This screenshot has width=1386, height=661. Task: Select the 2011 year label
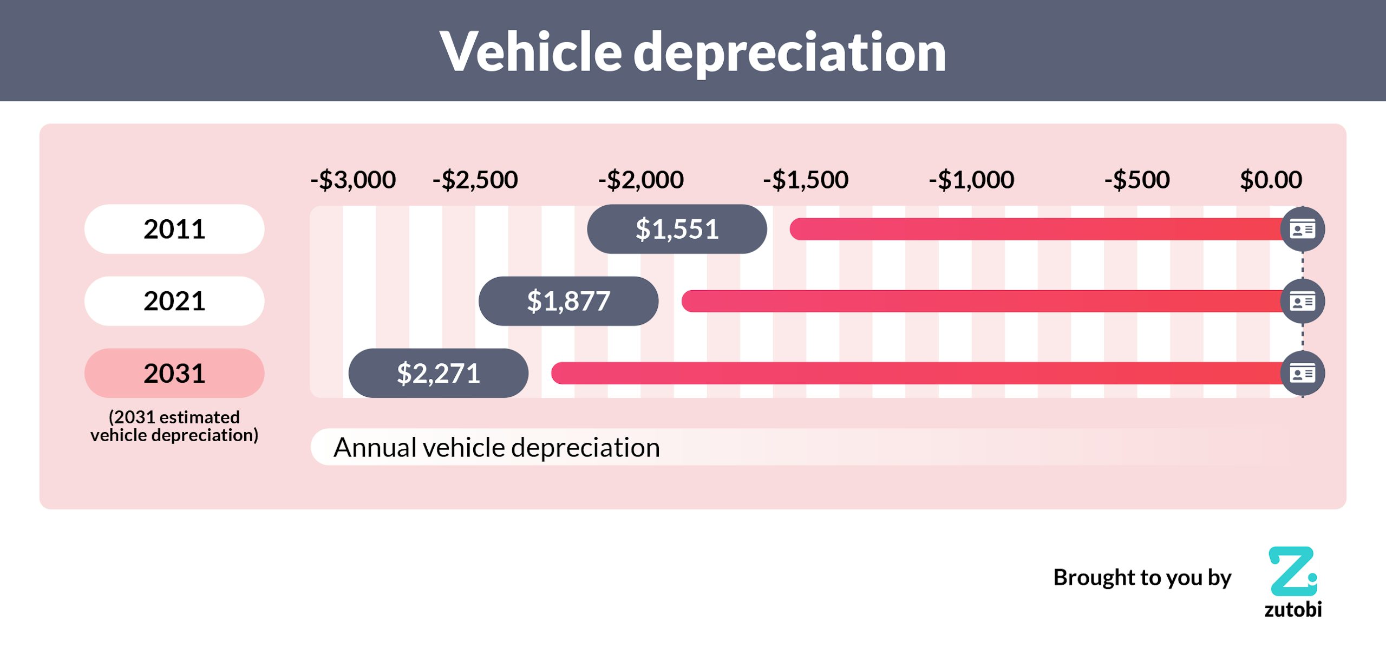pyautogui.click(x=174, y=229)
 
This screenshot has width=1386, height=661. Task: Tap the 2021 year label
pyautogui.click(x=174, y=301)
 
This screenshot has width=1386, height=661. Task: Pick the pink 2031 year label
pyautogui.click(x=174, y=373)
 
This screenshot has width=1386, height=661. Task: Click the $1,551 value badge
pyautogui.click(x=677, y=229)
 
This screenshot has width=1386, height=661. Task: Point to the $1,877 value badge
pyautogui.click(x=568, y=301)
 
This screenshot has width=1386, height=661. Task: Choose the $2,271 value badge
pyautogui.click(x=438, y=373)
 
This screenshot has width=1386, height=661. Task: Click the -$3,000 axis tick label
pyautogui.click(x=353, y=180)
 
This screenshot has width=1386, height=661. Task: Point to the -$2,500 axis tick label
pyautogui.click(x=475, y=180)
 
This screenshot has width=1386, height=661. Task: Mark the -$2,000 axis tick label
pyautogui.click(x=641, y=180)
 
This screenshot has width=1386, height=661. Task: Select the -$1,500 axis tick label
pyautogui.click(x=806, y=180)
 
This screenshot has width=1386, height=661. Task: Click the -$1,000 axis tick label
pyautogui.click(x=971, y=180)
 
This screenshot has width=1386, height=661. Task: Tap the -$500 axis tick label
pyautogui.click(x=1137, y=180)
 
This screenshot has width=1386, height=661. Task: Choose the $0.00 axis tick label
pyautogui.click(x=1271, y=180)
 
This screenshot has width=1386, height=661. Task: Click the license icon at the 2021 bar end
pyautogui.click(x=1302, y=301)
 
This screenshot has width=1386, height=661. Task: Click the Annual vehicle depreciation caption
pyautogui.click(x=496, y=447)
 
